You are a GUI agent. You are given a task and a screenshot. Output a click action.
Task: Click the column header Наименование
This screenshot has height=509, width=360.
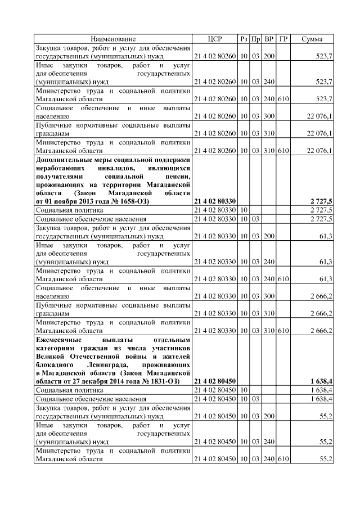click(x=113, y=39)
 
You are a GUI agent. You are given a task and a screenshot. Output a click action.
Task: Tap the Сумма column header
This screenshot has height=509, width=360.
click(x=312, y=39)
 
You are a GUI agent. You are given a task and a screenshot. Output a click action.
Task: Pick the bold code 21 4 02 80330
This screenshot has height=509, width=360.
click(x=215, y=200)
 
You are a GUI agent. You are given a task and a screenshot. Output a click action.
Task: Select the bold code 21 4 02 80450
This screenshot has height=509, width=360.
click(x=215, y=381)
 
